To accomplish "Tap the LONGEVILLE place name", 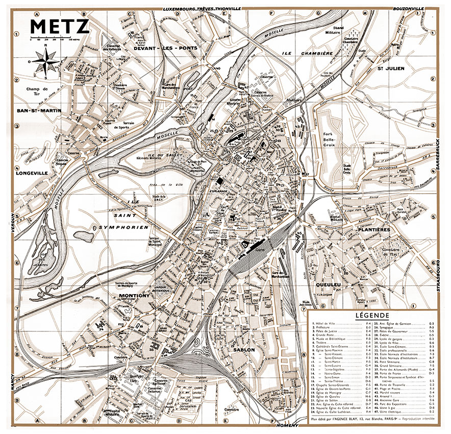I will [32, 173].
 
